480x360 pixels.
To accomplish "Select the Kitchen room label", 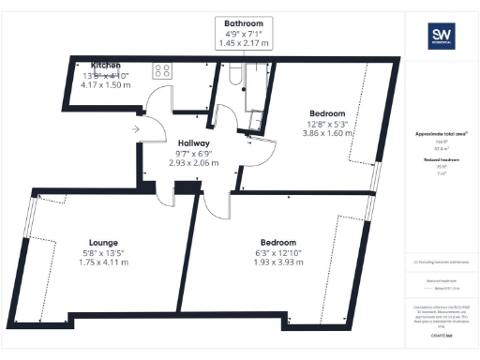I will pos(106,65).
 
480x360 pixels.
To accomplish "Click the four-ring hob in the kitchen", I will pos(161,68).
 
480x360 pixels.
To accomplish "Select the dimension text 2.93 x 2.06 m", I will pos(193,163).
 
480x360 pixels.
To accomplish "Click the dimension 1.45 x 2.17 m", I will pos(243,43).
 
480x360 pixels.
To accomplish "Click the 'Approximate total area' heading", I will pos(442,134).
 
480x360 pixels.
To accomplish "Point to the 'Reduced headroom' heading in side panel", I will pos(442,160).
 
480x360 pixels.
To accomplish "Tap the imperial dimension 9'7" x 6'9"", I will pos(193,154).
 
